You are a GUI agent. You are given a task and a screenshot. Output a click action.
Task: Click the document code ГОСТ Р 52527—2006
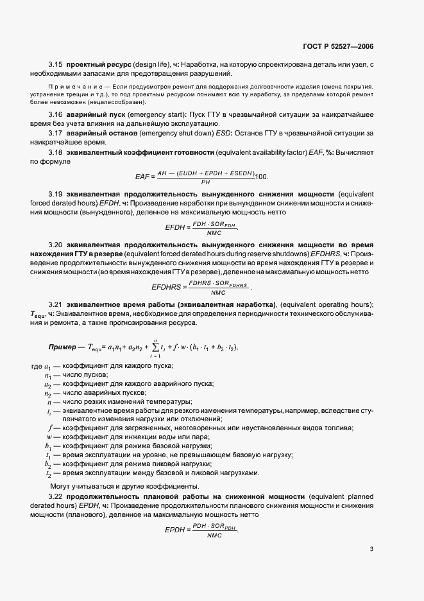[338, 46]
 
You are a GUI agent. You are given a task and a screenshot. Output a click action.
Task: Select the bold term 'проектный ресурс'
[98, 65]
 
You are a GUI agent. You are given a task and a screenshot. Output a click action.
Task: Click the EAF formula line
[212, 177]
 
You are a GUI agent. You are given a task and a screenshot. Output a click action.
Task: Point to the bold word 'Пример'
[65, 347]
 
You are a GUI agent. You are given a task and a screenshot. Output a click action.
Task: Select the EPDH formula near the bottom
[201, 530]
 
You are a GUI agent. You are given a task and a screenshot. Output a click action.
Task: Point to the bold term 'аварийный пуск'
[94, 114]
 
